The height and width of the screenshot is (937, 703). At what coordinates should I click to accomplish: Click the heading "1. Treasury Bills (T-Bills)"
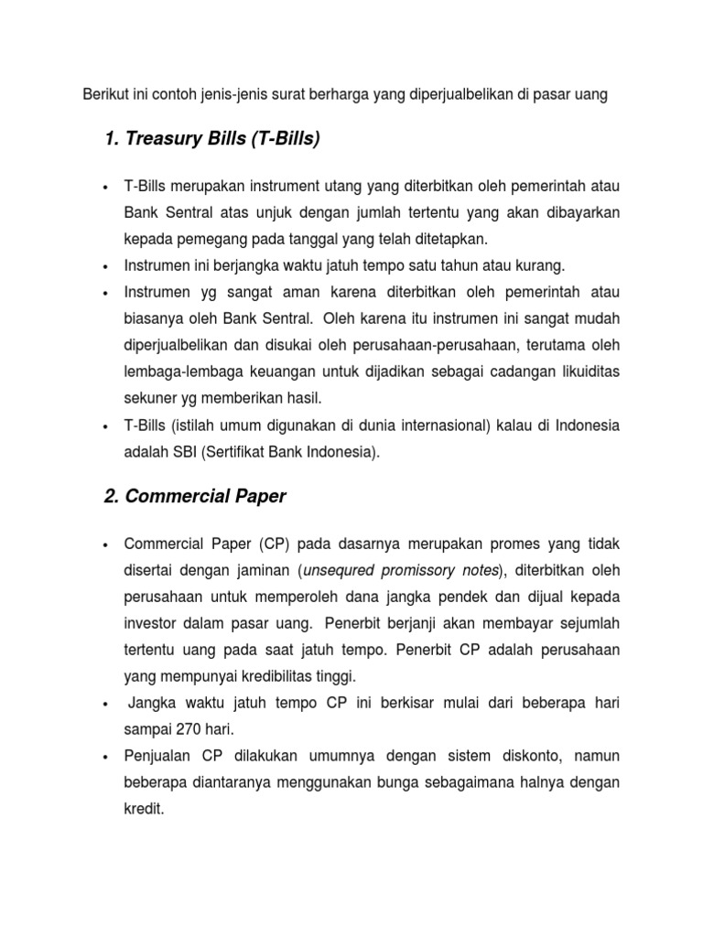click(x=211, y=139)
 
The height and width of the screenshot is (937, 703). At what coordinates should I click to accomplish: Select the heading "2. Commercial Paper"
click(x=195, y=497)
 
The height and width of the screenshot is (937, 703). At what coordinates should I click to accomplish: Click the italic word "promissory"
click(x=415, y=570)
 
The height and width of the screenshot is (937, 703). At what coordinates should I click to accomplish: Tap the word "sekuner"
click(x=147, y=399)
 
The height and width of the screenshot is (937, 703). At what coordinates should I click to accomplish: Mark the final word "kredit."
click(x=144, y=810)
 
